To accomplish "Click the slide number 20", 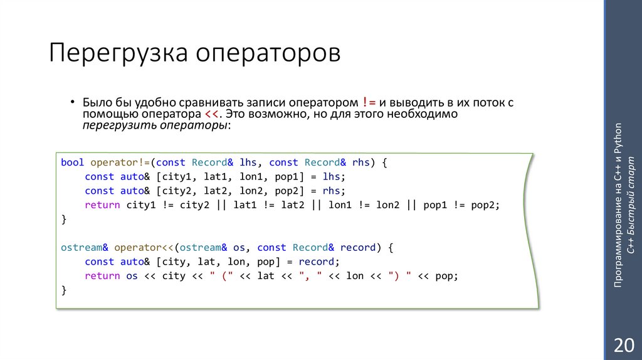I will (x=624, y=345).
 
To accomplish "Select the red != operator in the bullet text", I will (x=369, y=102).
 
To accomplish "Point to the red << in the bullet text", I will (x=211, y=114).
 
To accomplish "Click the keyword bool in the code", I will (x=72, y=162).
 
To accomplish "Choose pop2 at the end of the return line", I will (x=487, y=205).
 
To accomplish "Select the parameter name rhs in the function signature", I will (x=361, y=162).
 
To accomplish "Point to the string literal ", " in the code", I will (x=312, y=276).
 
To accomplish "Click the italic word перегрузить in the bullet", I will (x=112, y=125).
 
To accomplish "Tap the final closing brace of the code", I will (x=63, y=290).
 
